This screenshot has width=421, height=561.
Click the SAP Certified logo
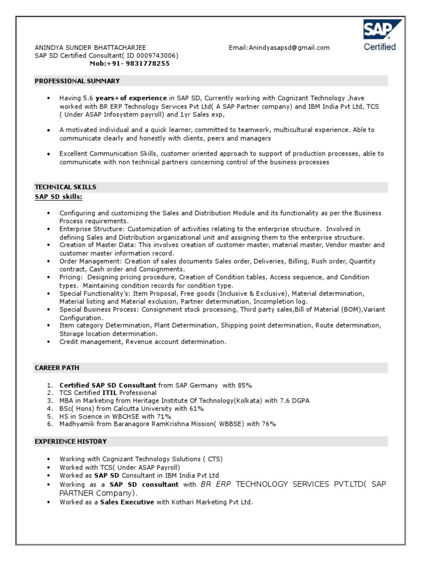tap(380, 35)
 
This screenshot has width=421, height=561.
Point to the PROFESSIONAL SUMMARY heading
tap(77, 81)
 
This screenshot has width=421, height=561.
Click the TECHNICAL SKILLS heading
tap(65, 187)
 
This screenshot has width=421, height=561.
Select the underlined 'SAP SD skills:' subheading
tap(59, 196)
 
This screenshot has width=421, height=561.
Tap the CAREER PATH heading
tap(56, 368)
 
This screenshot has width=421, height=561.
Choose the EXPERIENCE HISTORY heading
tap(71, 441)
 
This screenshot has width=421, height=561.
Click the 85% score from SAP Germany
tap(244, 385)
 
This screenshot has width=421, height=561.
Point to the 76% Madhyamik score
tap(268, 424)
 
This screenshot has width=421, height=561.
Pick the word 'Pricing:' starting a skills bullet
tap(71, 277)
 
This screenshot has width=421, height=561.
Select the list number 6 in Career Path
tap(49, 424)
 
